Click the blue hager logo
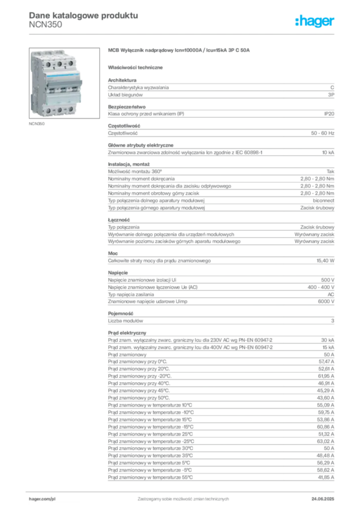tap(315, 21)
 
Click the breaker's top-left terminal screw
tap(48, 63)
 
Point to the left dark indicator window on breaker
tap(50, 89)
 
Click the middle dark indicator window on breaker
tap(60, 90)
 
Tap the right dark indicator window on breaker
tap(71, 90)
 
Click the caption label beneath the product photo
tap(38, 124)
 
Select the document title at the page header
tap(83, 15)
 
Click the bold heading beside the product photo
tap(178, 51)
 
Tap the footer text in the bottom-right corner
tap(324, 496)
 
